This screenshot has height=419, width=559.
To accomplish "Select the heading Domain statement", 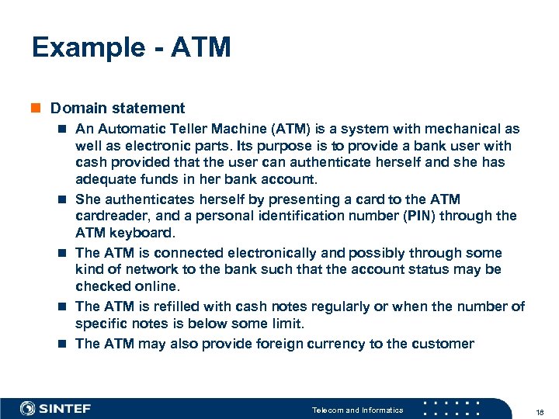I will click(117, 108).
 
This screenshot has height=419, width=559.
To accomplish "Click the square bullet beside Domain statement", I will click(36, 108).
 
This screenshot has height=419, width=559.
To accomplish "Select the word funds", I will click(155, 179).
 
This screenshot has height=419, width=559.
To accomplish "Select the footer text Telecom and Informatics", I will click(357, 410).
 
